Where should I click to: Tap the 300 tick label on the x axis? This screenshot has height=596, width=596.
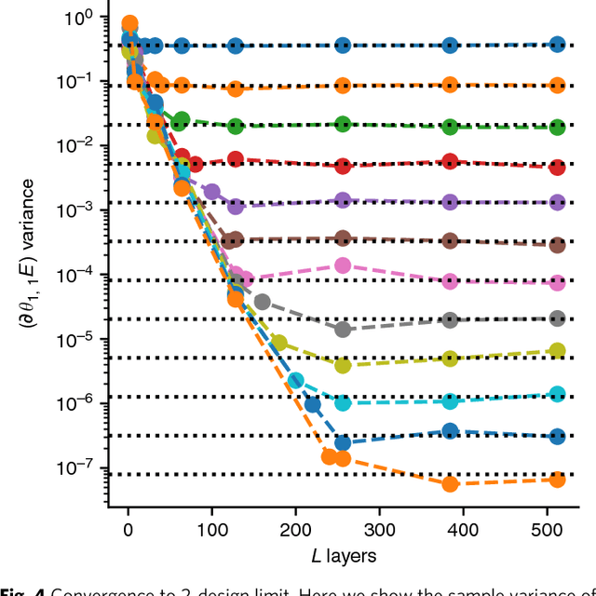point(379,530)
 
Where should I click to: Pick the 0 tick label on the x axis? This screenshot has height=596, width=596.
point(129,530)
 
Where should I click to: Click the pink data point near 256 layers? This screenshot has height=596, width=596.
point(343,265)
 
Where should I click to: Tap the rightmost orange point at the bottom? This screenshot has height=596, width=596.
point(557,479)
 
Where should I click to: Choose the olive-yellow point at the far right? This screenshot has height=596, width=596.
point(557,351)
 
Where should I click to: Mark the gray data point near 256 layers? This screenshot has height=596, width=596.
point(343,329)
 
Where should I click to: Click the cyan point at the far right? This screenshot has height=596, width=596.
point(557,394)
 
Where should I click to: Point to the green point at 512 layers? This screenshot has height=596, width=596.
point(557,127)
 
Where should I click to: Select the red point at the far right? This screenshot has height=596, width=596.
point(557,168)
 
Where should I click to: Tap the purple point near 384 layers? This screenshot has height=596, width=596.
point(451,202)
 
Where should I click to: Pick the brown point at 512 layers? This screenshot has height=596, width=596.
point(557,245)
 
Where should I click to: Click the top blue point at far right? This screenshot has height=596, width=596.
point(557,44)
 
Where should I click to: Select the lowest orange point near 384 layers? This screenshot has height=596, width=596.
point(451,483)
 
